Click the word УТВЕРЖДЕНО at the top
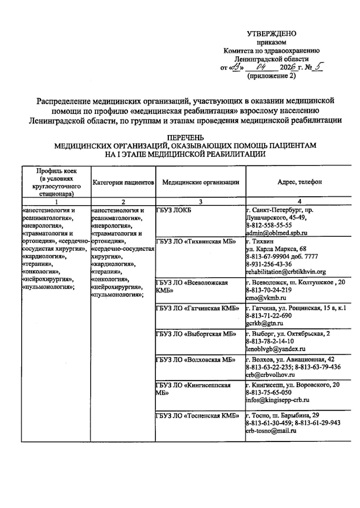tap(271, 34)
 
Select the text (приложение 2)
tap(271, 76)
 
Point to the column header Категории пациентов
tap(123, 182)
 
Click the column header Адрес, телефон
tap(299, 182)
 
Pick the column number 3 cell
tap(201, 202)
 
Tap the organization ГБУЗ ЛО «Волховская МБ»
tap(195, 359)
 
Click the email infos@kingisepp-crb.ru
tap(277, 400)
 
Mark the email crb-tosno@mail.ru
tap(271, 431)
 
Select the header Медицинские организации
tap(201, 182)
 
